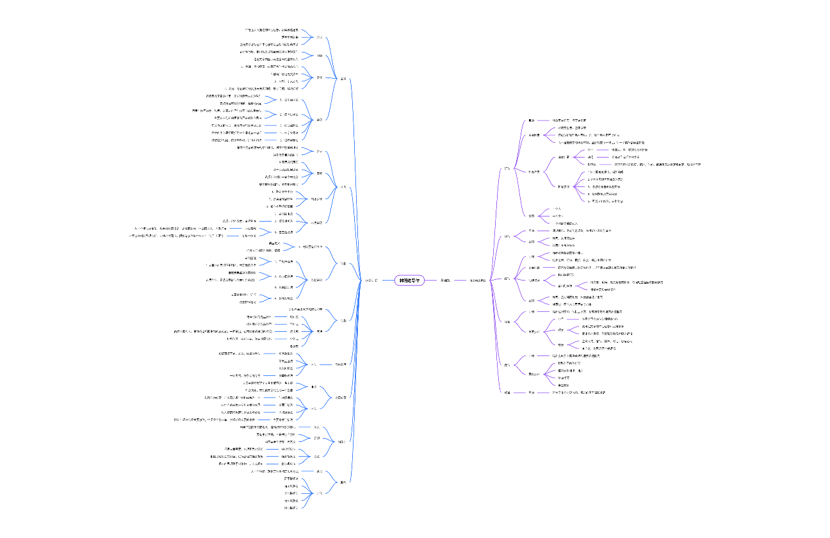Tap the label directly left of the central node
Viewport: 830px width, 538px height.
pos(371,280)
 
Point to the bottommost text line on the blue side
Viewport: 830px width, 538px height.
pos(291,508)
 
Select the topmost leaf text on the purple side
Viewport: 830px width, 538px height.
pos(569,120)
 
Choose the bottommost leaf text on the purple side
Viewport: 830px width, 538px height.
pos(579,392)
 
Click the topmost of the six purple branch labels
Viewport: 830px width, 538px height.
pos(507,169)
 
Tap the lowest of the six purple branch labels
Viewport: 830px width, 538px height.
pos(507,392)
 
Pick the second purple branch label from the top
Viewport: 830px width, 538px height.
pos(507,236)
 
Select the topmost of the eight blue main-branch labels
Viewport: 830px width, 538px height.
pos(343,79)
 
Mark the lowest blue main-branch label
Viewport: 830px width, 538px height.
pos(343,481)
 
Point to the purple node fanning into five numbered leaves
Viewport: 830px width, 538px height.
pos(564,186)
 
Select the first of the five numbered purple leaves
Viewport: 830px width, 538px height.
pos(605,172)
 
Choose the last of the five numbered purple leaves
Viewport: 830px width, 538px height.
pos(605,201)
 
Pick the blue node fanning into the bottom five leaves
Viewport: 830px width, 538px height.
pos(320,493)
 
